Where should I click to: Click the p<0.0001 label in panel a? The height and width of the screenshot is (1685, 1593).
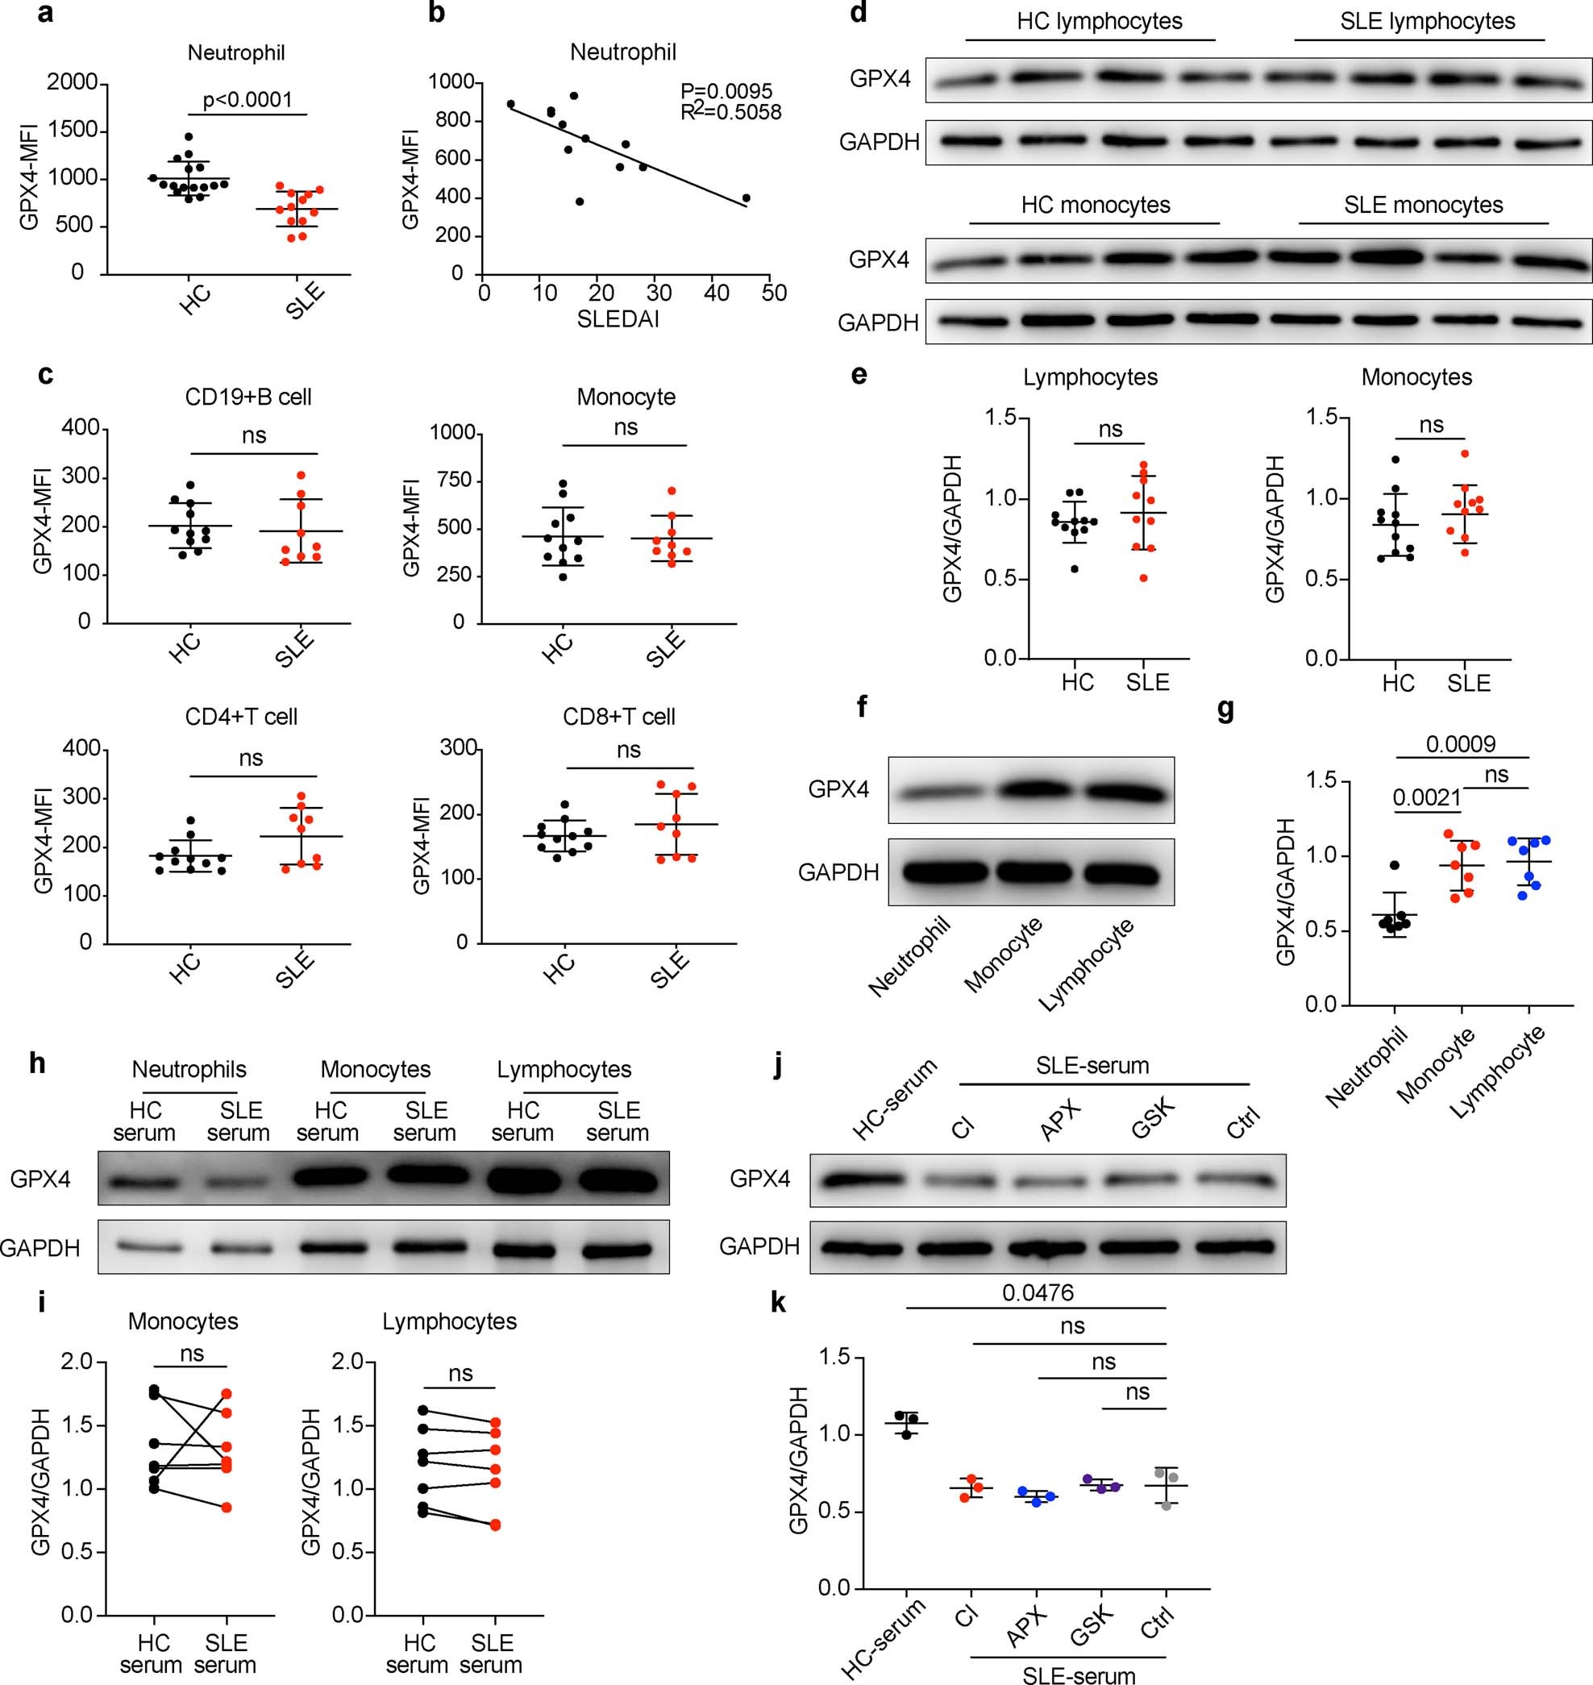[247, 100]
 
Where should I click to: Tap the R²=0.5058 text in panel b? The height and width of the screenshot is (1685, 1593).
[730, 112]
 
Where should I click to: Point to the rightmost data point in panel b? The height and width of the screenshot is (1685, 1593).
[746, 198]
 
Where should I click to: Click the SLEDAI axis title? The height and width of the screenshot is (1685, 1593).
[618, 319]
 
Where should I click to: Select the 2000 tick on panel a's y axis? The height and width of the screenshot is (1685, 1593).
[77, 82]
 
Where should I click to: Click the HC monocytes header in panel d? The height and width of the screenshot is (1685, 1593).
[1096, 205]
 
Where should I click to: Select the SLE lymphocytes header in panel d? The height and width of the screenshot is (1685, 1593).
[1428, 21]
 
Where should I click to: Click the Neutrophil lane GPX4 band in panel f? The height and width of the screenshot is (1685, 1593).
[935, 792]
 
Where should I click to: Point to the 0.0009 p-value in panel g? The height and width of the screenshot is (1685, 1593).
[1461, 745]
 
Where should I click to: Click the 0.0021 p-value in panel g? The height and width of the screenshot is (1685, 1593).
[1427, 797]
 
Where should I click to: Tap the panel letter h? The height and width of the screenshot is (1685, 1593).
[36, 1063]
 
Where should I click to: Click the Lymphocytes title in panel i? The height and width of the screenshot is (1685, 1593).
[449, 1321]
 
